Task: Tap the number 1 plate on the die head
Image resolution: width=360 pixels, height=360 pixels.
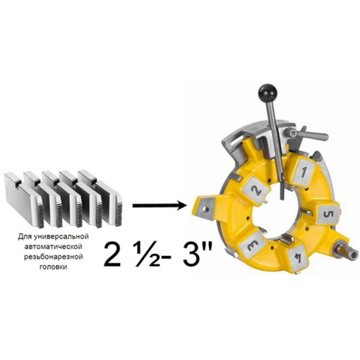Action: [x=304, y=172]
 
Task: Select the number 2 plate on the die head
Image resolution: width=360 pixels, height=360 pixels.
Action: [x=256, y=189]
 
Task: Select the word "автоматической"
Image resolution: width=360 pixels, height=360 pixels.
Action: [x=53, y=246]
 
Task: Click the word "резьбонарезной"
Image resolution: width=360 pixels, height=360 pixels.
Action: [x=54, y=256]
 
